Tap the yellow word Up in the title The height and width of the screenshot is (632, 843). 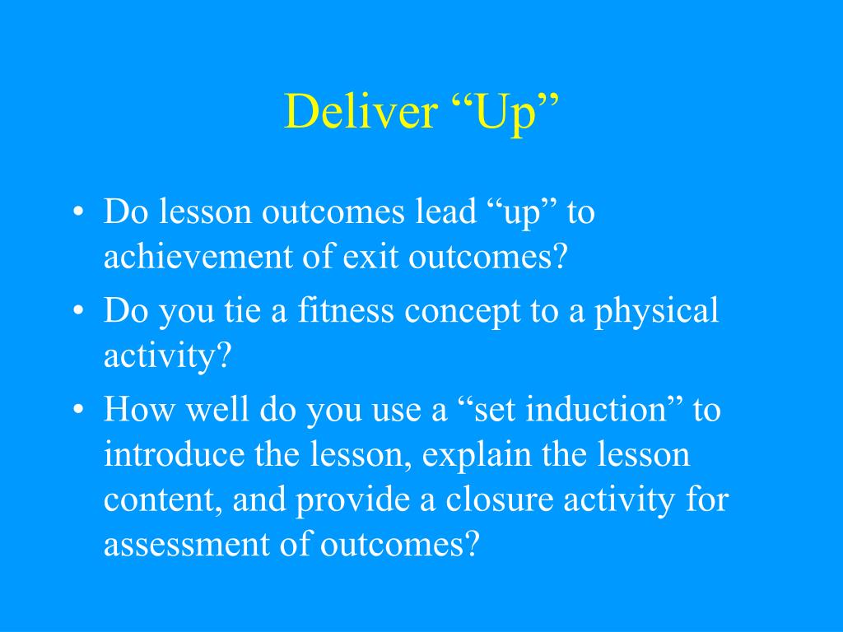[505, 114]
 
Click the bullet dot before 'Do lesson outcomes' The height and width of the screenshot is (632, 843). [78, 211]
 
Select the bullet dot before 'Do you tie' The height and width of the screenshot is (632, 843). [78, 310]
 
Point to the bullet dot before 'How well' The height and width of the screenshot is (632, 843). [78, 410]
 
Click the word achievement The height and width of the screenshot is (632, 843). [198, 256]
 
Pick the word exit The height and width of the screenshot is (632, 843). [370, 256]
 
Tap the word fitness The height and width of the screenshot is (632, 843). [346, 310]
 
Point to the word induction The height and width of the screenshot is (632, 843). [597, 409]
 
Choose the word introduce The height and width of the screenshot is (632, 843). [175, 454]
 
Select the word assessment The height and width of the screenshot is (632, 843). [187, 545]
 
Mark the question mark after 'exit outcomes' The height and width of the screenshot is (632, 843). [560, 256]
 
